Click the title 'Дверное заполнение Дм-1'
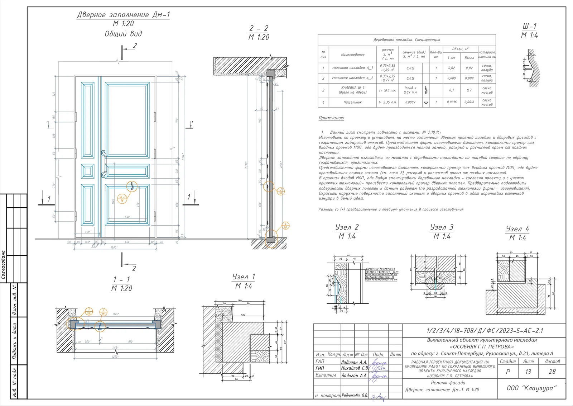124,15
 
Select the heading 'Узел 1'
244,277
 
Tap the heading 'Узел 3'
442,227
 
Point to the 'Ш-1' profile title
529,26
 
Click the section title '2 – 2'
259,28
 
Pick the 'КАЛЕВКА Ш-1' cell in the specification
353,90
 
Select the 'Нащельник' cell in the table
353,102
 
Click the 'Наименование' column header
353,55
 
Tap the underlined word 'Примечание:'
331,118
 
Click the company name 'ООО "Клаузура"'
531,388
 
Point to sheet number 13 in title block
528,372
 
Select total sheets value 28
552,372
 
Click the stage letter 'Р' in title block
508,372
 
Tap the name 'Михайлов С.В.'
354,368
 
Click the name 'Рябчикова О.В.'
354,395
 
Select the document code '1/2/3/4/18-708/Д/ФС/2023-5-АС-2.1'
485,331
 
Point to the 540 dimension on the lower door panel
127,217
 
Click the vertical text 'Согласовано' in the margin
4,264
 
